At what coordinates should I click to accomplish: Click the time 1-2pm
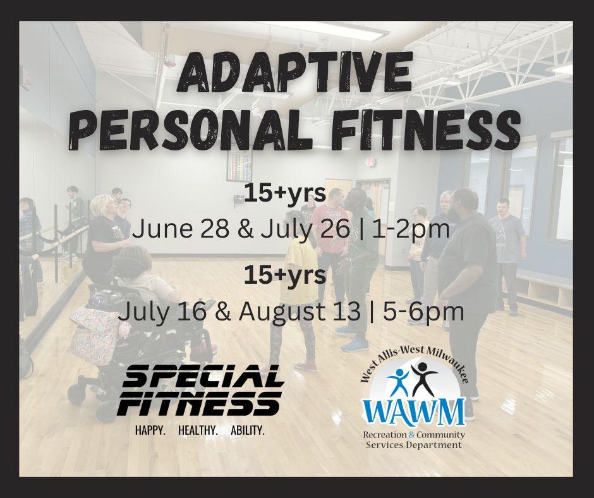(411, 229)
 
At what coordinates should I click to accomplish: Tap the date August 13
(300, 313)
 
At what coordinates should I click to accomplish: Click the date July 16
(162, 312)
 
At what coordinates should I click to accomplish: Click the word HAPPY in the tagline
(150, 430)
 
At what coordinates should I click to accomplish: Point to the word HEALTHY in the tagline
(198, 430)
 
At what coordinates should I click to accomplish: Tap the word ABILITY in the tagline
(247, 430)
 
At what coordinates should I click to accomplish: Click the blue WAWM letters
(414, 411)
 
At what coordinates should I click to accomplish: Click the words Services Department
(414, 444)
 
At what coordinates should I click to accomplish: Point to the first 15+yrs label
(284, 193)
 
